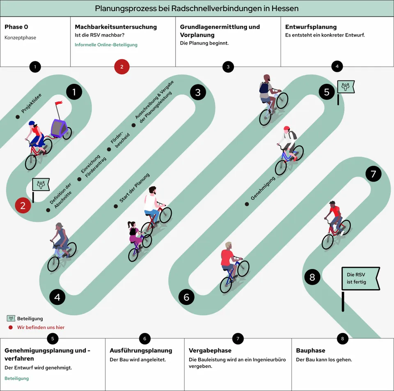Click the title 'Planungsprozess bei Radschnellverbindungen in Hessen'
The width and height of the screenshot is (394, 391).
click(x=197, y=8)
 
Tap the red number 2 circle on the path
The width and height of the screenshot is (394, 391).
click(x=23, y=206)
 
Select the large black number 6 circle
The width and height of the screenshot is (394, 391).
click(x=186, y=297)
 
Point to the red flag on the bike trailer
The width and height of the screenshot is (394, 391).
click(x=59, y=104)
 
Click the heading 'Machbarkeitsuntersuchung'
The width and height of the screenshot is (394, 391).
click(x=115, y=27)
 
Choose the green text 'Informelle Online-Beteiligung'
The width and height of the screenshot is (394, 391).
click(x=106, y=45)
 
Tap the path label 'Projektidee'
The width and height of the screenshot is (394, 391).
click(x=32, y=106)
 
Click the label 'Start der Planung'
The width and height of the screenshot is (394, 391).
click(x=135, y=188)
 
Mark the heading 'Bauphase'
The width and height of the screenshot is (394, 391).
click(x=310, y=351)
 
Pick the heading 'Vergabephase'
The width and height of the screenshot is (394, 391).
click(x=210, y=351)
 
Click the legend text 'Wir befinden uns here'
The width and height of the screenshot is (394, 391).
click(x=41, y=327)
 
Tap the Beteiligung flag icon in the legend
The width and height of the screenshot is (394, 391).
click(x=11, y=318)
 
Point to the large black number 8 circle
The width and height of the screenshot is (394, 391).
click(x=312, y=277)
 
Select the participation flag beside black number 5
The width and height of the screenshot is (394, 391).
click(x=346, y=87)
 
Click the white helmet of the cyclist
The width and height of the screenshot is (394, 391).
click(x=286, y=129)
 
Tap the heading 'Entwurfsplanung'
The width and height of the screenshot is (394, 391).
click(x=311, y=27)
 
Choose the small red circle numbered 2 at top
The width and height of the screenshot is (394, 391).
click(x=122, y=67)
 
